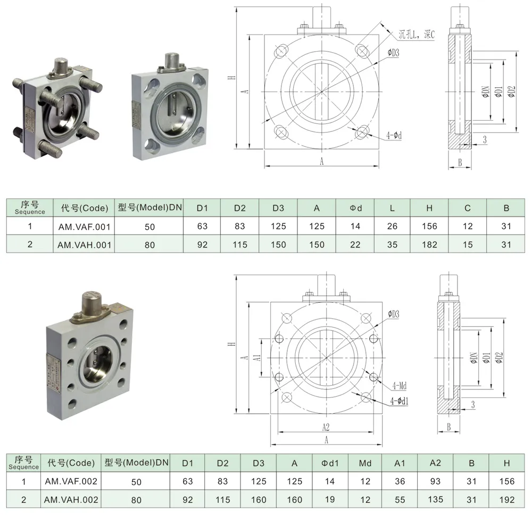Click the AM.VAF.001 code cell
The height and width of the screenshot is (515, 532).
coord(84,226)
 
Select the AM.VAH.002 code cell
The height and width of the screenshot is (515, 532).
coord(71,500)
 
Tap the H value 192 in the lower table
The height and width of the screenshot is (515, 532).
coord(508,500)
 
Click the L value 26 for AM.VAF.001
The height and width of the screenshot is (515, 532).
coord(392,226)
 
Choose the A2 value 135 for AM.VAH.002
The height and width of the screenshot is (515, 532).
coord(435,500)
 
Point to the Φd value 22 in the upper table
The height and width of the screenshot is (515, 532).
coord(355,245)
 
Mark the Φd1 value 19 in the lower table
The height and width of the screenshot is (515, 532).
coord(330,500)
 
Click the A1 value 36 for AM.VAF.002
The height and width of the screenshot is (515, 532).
coord(400,481)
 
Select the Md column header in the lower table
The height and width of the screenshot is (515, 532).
coord(365,463)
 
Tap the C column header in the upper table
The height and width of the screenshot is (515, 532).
coord(467,208)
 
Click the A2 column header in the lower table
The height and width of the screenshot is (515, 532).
coord(435,463)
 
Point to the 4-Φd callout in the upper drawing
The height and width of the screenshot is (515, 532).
coord(394,136)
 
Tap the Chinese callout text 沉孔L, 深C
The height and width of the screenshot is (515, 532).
coord(417,35)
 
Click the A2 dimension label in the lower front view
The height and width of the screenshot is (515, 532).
coord(326,427)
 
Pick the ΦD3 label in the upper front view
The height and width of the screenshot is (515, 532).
coord(393,52)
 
